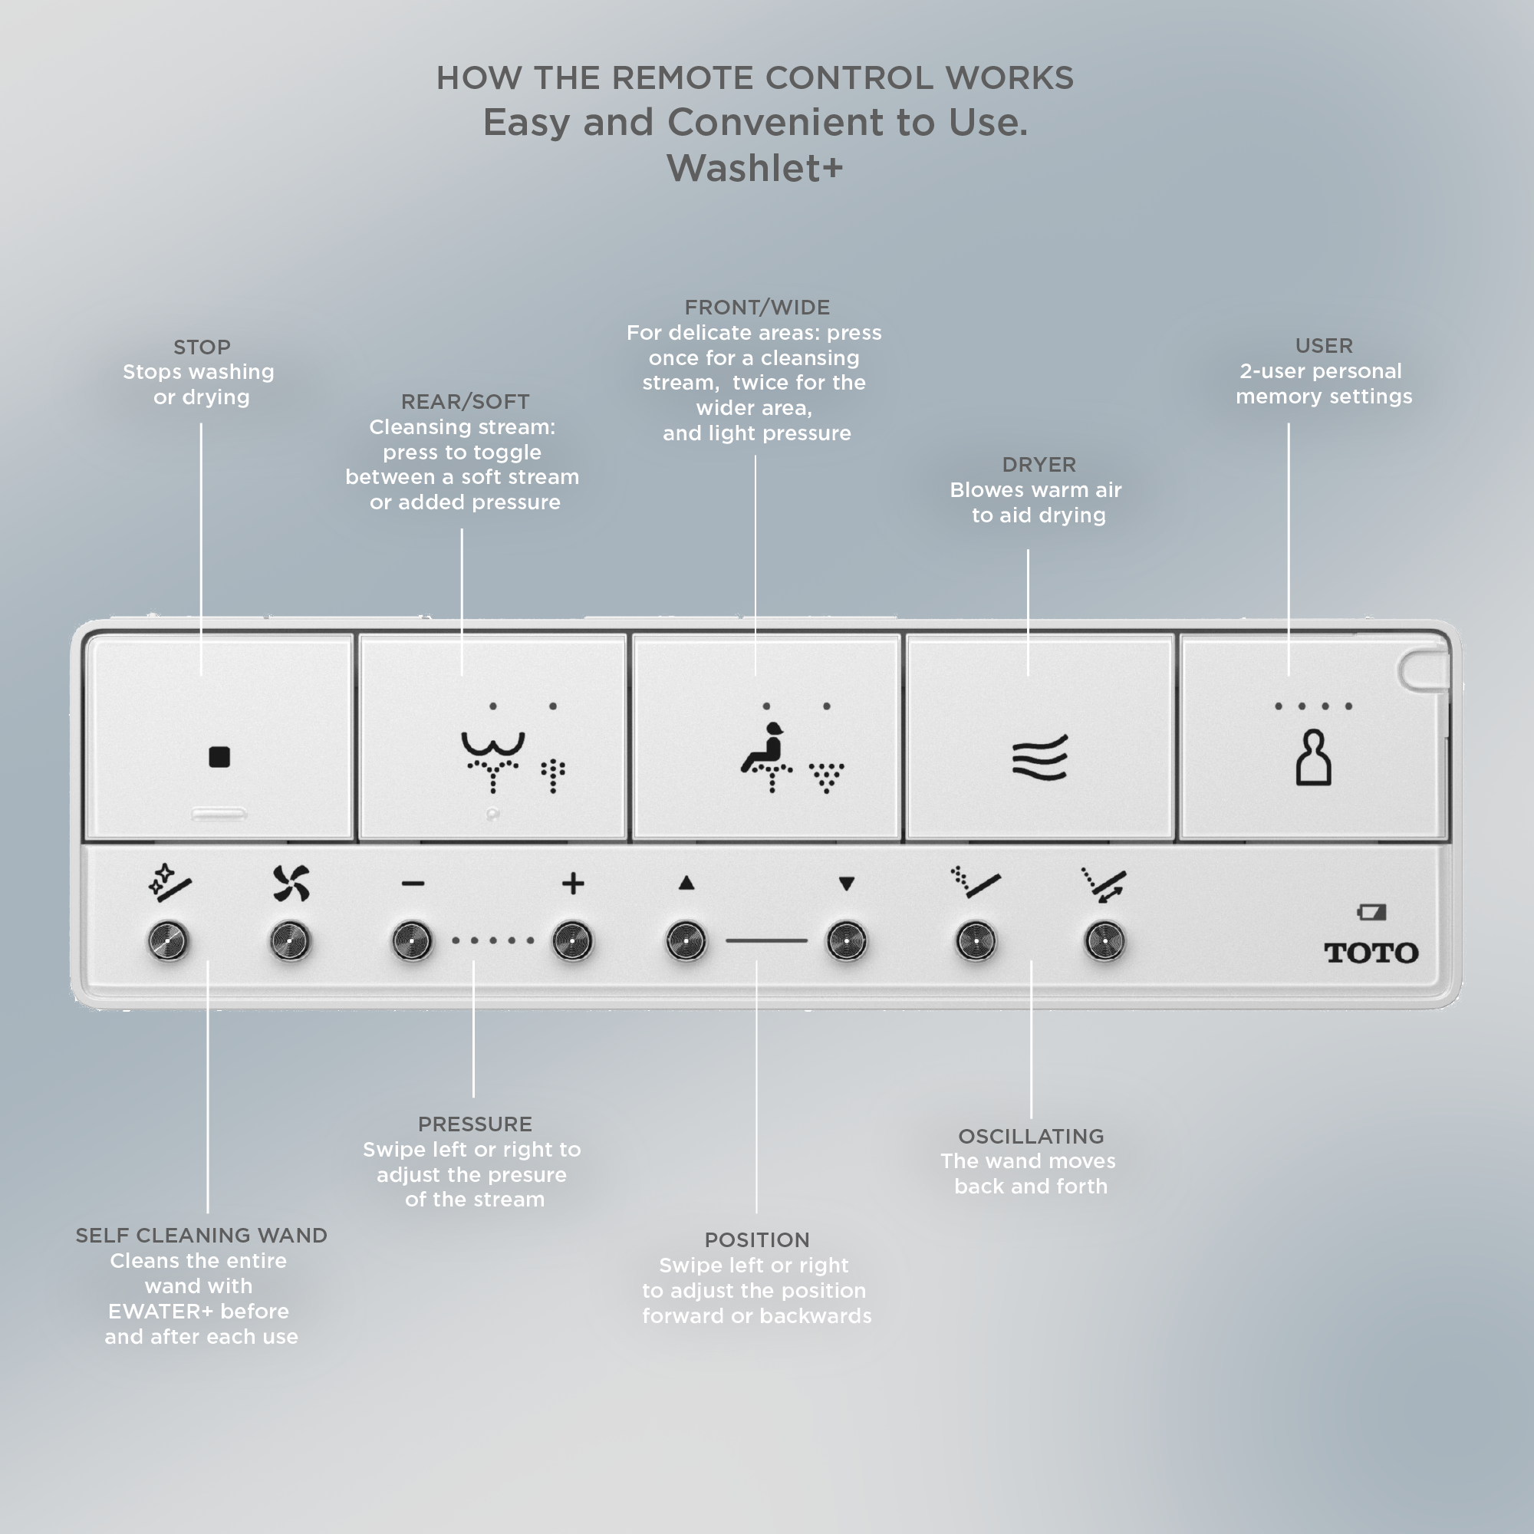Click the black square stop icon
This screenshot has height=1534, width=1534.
[219, 757]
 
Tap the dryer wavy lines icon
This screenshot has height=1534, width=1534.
[1039, 758]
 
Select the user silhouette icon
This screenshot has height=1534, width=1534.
[1313, 758]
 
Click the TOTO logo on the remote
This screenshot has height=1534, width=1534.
[1371, 953]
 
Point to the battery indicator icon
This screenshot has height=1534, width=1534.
[1372, 912]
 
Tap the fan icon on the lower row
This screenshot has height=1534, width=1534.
[291, 884]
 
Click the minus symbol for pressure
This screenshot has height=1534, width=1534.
[413, 884]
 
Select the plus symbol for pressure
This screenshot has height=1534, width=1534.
[572, 884]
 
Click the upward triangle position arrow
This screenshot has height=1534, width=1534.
[686, 883]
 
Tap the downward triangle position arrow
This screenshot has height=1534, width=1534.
[847, 884]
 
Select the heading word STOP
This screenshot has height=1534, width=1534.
[202, 347]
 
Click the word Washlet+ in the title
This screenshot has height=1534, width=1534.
[755, 168]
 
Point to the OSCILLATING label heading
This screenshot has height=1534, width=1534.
[1031, 1136]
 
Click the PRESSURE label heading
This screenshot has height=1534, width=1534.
[475, 1124]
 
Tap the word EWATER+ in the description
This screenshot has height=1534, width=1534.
[161, 1311]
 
